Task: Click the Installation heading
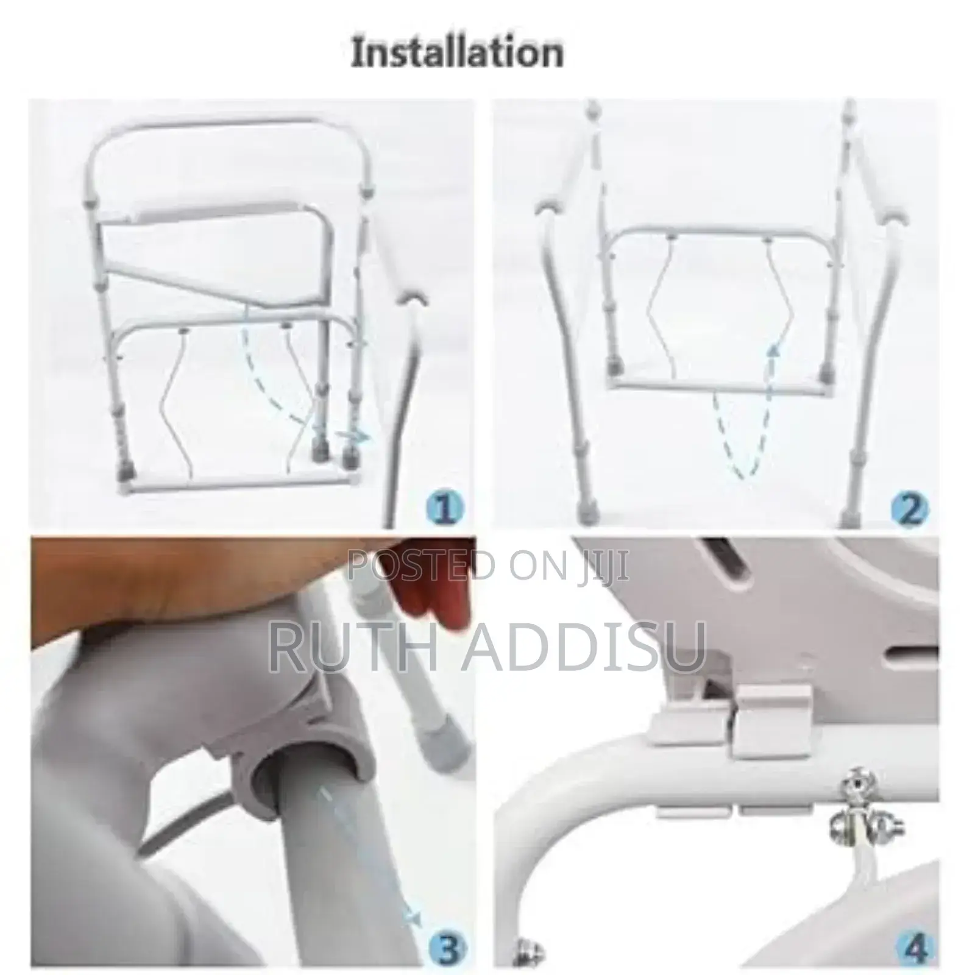pos(457,52)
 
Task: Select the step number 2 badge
pos(909,507)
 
